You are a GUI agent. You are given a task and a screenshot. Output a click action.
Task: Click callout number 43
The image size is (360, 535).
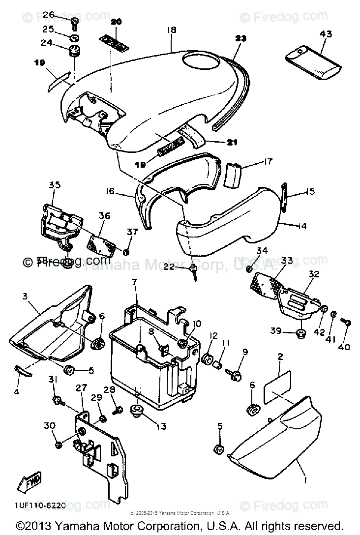[326, 34]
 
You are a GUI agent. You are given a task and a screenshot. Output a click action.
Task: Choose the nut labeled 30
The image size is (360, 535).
[58, 445]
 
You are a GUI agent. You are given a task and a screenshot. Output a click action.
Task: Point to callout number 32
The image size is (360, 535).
[314, 273]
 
